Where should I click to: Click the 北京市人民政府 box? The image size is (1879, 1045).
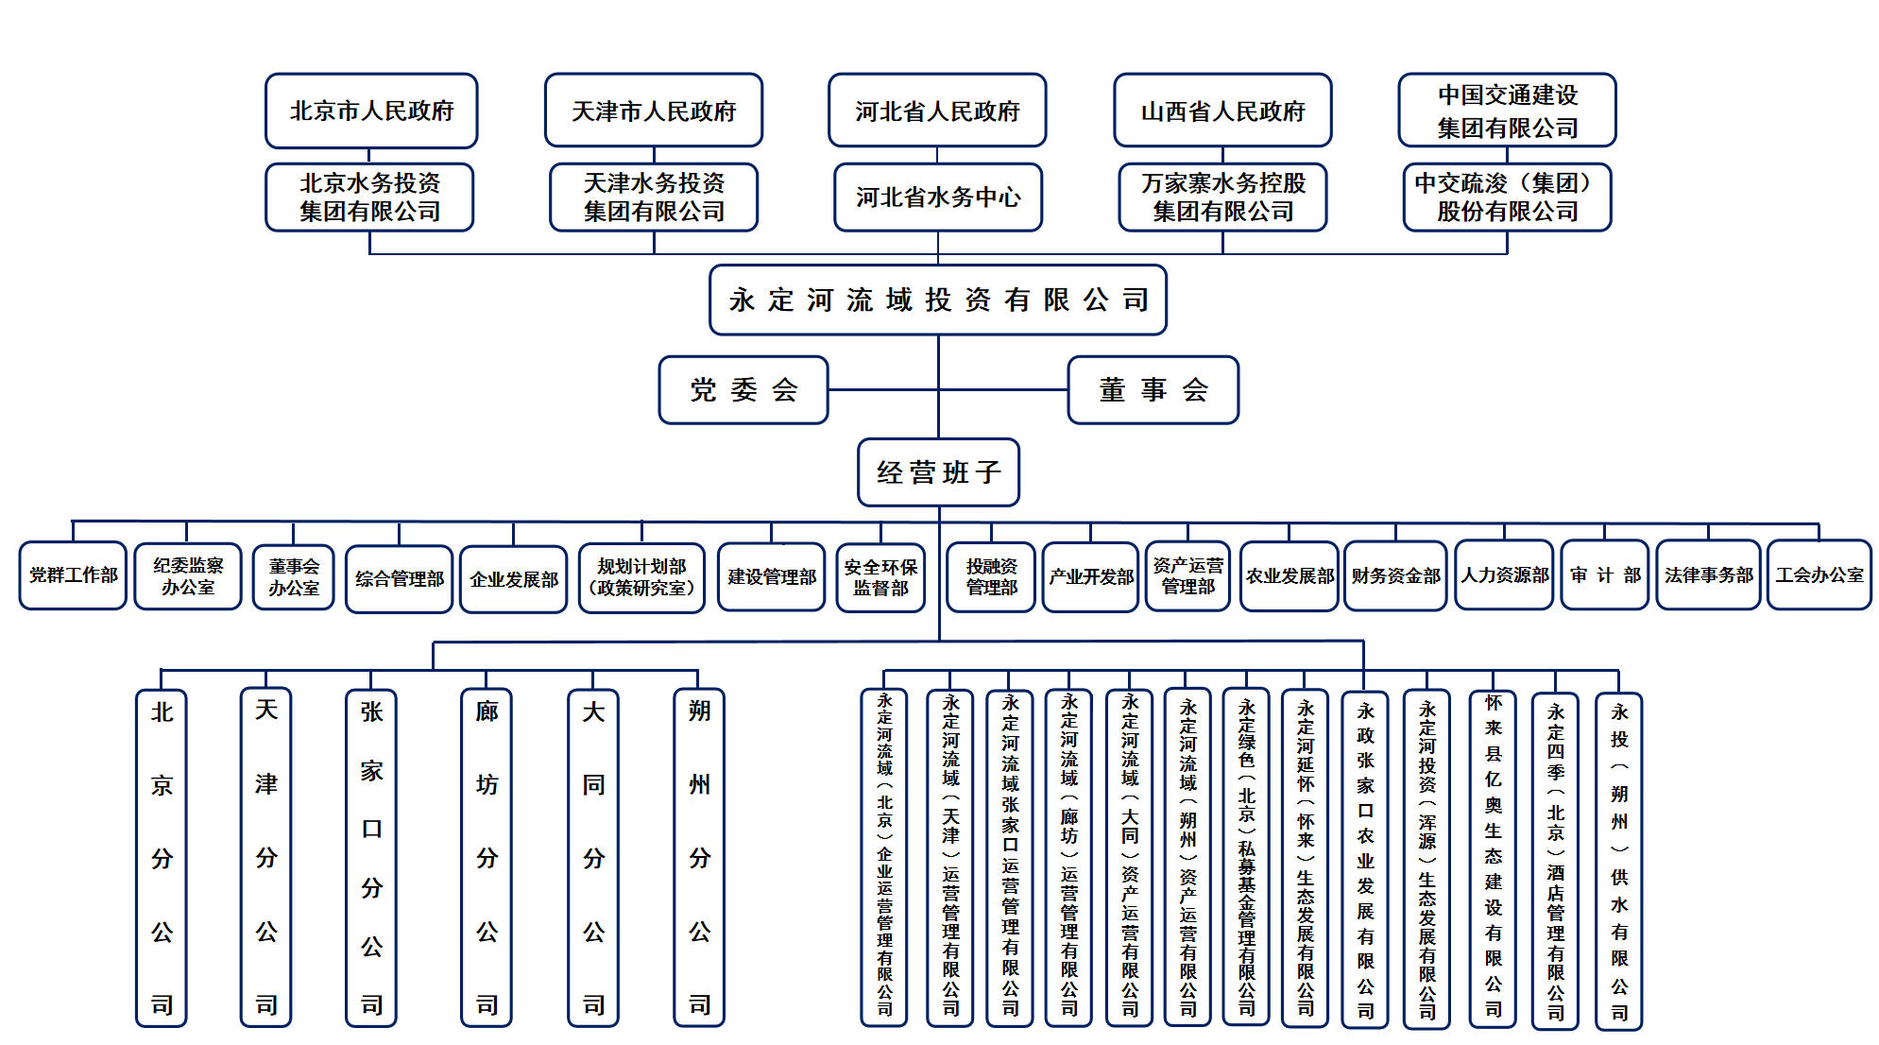[x=371, y=111]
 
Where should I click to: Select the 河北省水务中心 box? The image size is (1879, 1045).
[x=938, y=197]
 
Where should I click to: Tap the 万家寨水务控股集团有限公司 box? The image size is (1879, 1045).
[x=1222, y=197]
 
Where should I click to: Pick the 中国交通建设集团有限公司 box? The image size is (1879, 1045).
[x=1507, y=111]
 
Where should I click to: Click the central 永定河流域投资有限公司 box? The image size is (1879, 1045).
[x=938, y=300]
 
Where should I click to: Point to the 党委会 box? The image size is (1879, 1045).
[x=743, y=389]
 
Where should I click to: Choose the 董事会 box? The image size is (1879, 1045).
[x=1153, y=389]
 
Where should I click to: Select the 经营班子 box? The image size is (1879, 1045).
[x=938, y=471]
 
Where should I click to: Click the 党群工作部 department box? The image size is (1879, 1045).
[x=73, y=574]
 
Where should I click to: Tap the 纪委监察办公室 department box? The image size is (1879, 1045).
[x=188, y=575]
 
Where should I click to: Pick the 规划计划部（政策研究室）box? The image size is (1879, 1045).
[x=641, y=576]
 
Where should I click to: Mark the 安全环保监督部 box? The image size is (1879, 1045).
[x=880, y=576]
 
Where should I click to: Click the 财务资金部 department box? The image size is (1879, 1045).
[x=1395, y=575]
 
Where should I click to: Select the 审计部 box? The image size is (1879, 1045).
[x=1605, y=574]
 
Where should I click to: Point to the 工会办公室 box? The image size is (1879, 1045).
[x=1819, y=574]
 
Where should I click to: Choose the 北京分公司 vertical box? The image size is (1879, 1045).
[x=162, y=857]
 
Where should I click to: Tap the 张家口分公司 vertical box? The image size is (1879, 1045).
[x=371, y=857]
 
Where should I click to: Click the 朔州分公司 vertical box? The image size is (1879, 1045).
[x=699, y=857]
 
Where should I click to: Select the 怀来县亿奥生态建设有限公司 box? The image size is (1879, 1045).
[x=1493, y=857]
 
